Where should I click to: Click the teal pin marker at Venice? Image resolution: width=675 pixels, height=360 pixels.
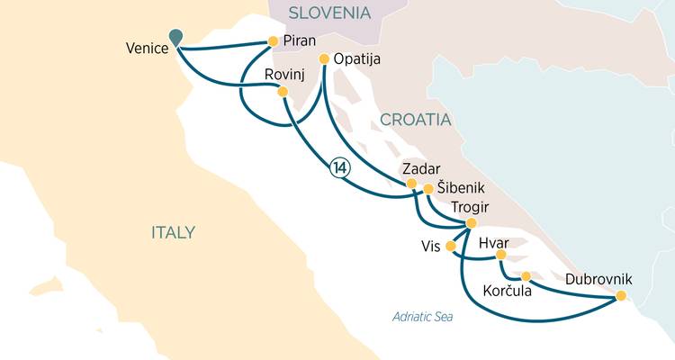pyautogui.click(x=175, y=35)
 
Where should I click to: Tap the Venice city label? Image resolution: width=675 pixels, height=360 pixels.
pyautogui.click(x=148, y=49)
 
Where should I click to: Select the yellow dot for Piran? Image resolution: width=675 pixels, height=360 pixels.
pyautogui.click(x=273, y=40)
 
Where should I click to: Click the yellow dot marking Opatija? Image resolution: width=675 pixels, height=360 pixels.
pyautogui.click(x=324, y=58)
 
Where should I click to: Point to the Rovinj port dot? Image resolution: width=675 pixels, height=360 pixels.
pyautogui.click(x=283, y=91)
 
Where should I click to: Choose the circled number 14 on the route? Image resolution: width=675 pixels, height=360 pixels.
pyautogui.click(x=339, y=166)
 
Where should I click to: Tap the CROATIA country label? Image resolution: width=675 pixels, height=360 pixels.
pyautogui.click(x=415, y=120)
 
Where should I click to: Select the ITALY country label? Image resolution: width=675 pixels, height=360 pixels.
pyautogui.click(x=173, y=232)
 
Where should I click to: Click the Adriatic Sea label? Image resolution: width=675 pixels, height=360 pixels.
pyautogui.click(x=423, y=317)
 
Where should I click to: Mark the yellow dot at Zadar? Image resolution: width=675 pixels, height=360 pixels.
pyautogui.click(x=411, y=184)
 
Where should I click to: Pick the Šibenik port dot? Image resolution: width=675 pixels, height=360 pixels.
pyautogui.click(x=428, y=189)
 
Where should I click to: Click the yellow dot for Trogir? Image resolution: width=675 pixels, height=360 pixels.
pyautogui.click(x=471, y=223)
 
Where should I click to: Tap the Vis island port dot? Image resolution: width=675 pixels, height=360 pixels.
pyautogui.click(x=451, y=246)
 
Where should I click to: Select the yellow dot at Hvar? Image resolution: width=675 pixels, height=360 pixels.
pyautogui.click(x=501, y=256)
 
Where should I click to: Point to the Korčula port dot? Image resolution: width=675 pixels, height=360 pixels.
pyautogui.click(x=526, y=276)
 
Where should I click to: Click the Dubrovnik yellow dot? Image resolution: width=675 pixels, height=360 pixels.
pyautogui.click(x=620, y=295)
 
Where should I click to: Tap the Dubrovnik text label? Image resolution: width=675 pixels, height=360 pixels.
pyautogui.click(x=598, y=279)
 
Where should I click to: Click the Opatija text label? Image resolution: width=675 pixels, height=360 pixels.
pyautogui.click(x=357, y=59)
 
